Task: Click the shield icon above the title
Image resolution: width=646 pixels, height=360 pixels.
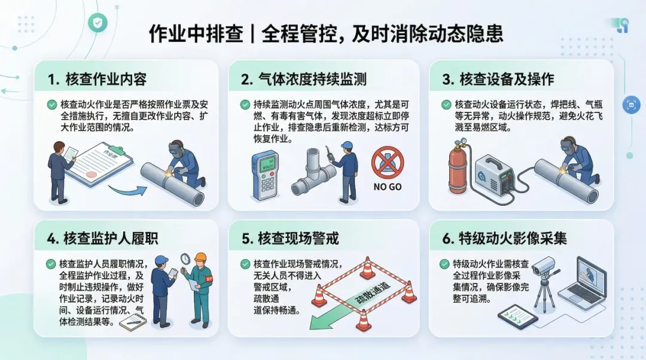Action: tap(97, 23)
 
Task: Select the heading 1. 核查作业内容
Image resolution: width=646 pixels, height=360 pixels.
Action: tap(97, 79)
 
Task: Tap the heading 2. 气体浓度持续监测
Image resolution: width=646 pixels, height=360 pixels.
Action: tap(304, 79)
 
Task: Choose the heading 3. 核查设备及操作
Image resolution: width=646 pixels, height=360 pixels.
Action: tap(498, 79)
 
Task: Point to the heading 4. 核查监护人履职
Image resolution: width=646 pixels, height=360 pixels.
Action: tap(102, 239)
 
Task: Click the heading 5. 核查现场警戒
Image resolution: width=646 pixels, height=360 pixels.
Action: tap(290, 239)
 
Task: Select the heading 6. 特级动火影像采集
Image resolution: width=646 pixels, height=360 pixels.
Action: tap(504, 239)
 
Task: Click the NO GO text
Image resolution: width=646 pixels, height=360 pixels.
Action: tap(387, 187)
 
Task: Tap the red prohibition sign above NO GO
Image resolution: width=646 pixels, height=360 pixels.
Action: tap(388, 162)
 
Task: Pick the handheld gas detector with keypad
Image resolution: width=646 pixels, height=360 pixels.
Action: tap(265, 175)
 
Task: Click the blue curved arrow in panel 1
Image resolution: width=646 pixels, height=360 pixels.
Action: tap(128, 191)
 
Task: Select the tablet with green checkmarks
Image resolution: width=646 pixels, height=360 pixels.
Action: tap(518, 317)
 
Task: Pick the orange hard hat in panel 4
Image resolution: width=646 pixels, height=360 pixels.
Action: tap(200, 257)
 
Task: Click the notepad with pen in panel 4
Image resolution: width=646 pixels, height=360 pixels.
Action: tap(133, 322)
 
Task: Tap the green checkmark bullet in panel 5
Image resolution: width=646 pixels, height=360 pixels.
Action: tap(245, 264)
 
